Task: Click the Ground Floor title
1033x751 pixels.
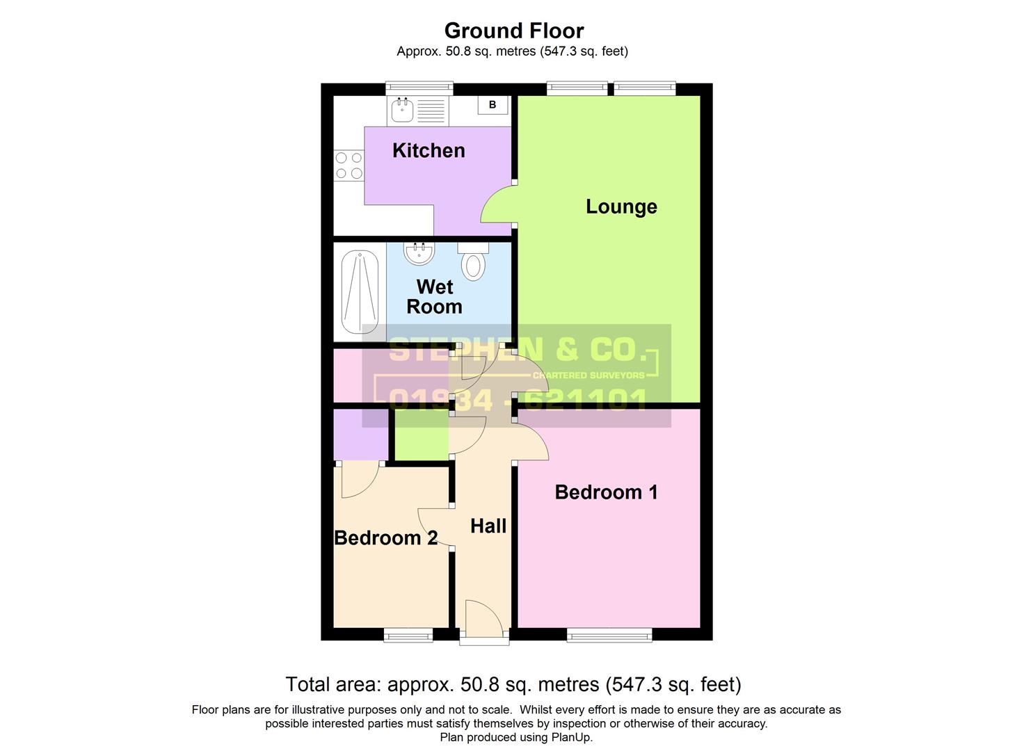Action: pyautogui.click(x=513, y=31)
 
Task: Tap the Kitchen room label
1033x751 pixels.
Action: pyautogui.click(x=429, y=150)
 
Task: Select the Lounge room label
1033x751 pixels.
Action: pyautogui.click(x=621, y=207)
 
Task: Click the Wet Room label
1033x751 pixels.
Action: pyautogui.click(x=434, y=297)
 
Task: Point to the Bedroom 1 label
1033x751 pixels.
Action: pyautogui.click(x=606, y=492)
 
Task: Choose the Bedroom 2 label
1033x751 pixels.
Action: pyautogui.click(x=385, y=538)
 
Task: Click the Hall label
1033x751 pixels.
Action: pyautogui.click(x=488, y=526)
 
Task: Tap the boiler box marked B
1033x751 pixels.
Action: pyautogui.click(x=493, y=105)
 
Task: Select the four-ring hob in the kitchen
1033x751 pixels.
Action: pyautogui.click(x=349, y=165)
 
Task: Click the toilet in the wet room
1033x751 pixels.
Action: pyautogui.click(x=474, y=263)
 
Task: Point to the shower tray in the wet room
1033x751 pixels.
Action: pyautogui.click(x=360, y=292)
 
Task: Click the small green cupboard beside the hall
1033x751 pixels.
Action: pyautogui.click(x=422, y=439)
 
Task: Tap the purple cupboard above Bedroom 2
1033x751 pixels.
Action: pyautogui.click(x=360, y=435)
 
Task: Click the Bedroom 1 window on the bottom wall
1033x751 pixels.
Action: pyautogui.click(x=609, y=633)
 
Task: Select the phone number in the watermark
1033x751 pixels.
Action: pyautogui.click(x=518, y=400)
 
